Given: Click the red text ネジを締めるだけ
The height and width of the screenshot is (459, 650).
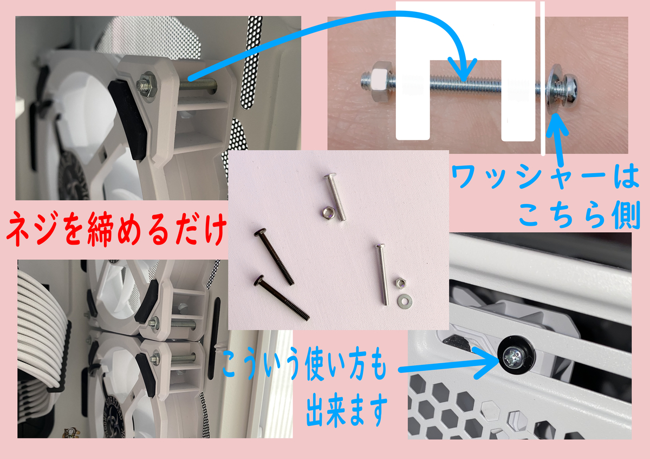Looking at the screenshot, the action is click(116, 229).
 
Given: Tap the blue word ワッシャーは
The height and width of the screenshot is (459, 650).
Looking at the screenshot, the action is click(545, 176).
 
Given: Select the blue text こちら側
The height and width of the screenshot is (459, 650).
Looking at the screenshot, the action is click(579, 214).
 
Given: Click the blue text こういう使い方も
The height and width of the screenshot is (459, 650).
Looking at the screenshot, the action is click(304, 364).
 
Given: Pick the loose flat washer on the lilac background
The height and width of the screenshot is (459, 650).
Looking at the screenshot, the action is click(404, 301).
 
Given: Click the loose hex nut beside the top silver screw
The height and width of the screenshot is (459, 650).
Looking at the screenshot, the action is click(329, 213).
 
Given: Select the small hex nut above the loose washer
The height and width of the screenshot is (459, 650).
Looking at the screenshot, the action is click(400, 283).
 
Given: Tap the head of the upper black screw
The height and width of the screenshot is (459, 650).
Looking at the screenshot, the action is click(260, 233).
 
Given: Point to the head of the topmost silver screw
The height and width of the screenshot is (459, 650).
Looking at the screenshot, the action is click(330, 175).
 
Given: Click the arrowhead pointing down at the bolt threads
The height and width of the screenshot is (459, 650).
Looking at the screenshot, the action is click(463, 70).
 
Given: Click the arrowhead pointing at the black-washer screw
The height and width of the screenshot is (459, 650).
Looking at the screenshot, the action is click(487, 363).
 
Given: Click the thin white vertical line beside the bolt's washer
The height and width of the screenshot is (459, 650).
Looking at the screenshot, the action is click(543, 78).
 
